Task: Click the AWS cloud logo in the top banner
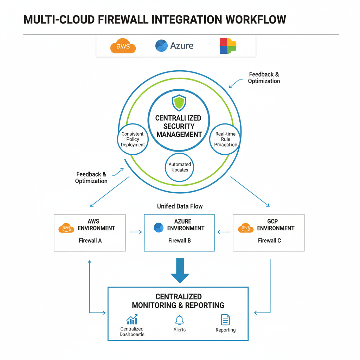click(123, 46)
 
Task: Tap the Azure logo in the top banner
click(161, 46)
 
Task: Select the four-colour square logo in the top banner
click(228, 46)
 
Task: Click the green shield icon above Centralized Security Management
click(179, 103)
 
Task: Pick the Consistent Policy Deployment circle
click(133, 139)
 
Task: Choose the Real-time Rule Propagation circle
click(226, 139)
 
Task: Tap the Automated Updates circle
click(180, 167)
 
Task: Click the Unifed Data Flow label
click(180, 206)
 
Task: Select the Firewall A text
click(90, 241)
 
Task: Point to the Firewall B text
click(180, 241)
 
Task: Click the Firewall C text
click(269, 241)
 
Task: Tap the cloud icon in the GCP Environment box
click(246, 228)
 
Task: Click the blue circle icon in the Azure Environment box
click(159, 228)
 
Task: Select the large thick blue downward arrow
click(180, 270)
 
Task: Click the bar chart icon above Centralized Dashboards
click(132, 320)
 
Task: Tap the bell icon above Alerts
click(179, 320)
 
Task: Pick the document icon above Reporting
click(225, 320)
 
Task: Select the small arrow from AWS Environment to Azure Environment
click(136, 232)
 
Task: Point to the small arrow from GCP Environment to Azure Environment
click(224, 232)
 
